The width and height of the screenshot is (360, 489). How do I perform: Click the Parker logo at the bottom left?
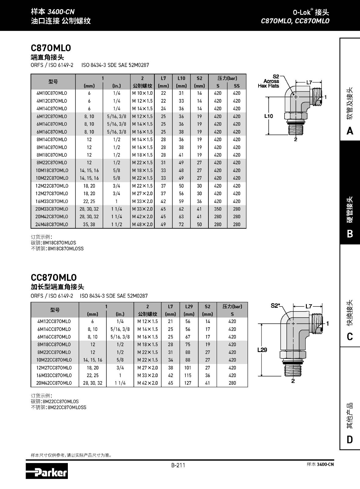(x=46, y=471)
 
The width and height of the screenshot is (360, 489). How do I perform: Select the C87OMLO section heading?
(x=51, y=48)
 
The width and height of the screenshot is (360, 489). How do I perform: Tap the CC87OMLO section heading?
(x=53, y=278)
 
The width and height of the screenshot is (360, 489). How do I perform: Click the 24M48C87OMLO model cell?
(x=52, y=224)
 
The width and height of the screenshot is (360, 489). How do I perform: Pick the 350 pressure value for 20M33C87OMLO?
(x=218, y=209)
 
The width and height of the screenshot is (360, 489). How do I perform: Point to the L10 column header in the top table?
(x=181, y=78)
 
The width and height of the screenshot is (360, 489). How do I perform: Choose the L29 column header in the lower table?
(x=189, y=307)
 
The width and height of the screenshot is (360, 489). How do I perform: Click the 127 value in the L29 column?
(x=188, y=383)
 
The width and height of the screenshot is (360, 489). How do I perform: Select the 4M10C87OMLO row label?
(x=52, y=93)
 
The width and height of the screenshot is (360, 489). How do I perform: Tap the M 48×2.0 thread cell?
(x=142, y=224)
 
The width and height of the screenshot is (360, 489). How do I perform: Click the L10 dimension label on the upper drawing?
(x=268, y=116)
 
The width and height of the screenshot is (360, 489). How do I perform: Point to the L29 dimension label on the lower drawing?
(x=262, y=350)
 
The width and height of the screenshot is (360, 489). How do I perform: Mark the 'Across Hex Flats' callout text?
(x=269, y=83)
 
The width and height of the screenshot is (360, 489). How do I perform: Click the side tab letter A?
(x=350, y=131)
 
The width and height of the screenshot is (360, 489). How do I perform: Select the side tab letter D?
(x=350, y=440)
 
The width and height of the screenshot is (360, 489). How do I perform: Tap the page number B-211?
(x=178, y=465)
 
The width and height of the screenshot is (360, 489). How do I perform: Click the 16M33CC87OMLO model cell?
(x=54, y=375)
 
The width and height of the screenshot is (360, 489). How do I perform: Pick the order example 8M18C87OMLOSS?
(x=65, y=249)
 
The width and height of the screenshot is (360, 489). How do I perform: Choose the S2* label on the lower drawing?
(x=276, y=306)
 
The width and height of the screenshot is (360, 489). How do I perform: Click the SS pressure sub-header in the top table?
(x=237, y=86)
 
